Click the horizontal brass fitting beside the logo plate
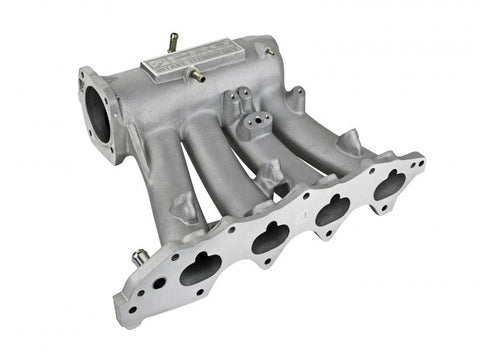[198, 76]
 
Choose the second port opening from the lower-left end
[269, 236]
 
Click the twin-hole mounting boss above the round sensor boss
[238, 97]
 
